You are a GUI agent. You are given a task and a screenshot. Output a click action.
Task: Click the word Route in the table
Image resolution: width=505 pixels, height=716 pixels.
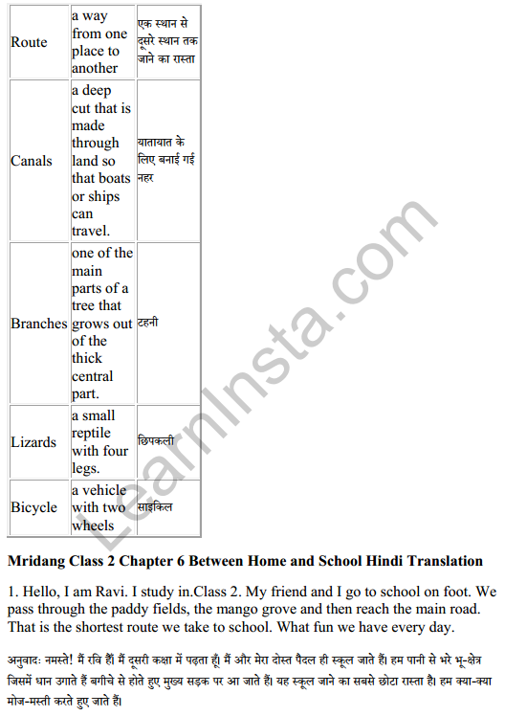click(29, 42)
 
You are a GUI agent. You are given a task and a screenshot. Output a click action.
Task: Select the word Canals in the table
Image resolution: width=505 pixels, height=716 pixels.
click(32, 161)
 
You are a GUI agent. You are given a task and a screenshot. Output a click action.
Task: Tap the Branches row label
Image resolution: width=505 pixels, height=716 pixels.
click(39, 324)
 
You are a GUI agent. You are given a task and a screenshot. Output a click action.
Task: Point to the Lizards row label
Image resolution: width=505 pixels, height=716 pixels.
click(33, 442)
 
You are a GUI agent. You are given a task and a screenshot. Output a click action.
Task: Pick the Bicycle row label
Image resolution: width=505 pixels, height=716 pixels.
click(34, 507)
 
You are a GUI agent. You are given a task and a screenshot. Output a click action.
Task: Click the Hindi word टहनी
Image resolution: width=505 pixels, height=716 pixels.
click(148, 324)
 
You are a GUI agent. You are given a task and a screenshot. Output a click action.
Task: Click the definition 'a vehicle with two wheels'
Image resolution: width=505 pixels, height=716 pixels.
click(99, 507)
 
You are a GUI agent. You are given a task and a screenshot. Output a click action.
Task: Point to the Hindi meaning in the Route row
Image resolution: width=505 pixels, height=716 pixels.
click(167, 42)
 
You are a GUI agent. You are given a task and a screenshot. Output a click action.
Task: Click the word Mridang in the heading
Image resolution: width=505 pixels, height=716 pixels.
click(37, 560)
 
